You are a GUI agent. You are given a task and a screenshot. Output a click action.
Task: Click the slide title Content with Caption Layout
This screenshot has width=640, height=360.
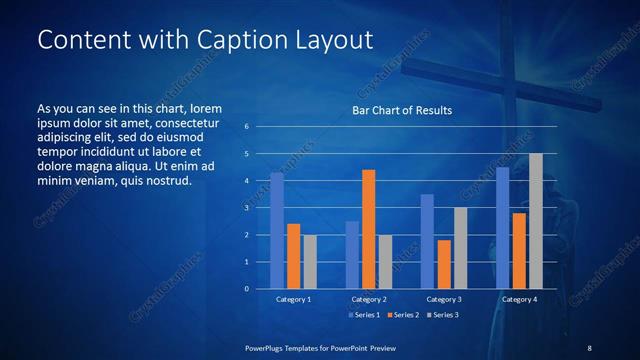(205, 40)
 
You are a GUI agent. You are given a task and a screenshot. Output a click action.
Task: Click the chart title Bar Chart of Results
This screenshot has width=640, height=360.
(402, 110)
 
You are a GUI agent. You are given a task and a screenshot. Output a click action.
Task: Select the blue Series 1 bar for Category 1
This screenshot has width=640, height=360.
(277, 231)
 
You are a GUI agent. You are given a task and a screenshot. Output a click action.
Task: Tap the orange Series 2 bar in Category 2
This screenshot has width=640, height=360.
(368, 229)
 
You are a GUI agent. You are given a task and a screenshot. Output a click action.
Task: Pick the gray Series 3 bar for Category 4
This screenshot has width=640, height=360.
(536, 221)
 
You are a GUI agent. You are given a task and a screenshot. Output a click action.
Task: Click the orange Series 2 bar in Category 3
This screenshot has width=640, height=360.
(443, 264)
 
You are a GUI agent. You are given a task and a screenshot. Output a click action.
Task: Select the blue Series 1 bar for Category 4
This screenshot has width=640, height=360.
(502, 228)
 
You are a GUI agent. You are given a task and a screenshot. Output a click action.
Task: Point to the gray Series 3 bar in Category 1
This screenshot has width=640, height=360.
(310, 262)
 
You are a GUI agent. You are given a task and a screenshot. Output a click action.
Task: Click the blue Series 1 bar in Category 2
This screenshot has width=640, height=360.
(352, 255)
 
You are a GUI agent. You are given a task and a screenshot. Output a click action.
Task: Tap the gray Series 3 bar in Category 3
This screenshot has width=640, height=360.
(460, 248)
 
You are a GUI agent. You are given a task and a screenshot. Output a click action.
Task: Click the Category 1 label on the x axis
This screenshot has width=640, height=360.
(293, 299)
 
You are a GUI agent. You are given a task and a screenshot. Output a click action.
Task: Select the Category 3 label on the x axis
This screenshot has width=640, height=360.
(443, 299)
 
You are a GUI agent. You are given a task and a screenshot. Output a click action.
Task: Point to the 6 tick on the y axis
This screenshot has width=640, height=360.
(247, 127)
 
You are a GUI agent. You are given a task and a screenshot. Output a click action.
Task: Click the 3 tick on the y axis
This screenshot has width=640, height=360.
(247, 208)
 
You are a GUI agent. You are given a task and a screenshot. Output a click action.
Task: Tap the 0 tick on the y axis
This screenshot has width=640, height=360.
(247, 289)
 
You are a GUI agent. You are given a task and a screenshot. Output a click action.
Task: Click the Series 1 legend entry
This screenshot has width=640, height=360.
(364, 315)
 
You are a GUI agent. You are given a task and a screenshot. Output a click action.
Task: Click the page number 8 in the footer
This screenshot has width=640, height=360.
(589, 347)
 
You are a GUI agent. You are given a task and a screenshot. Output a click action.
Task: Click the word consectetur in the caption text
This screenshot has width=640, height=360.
(184, 121)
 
